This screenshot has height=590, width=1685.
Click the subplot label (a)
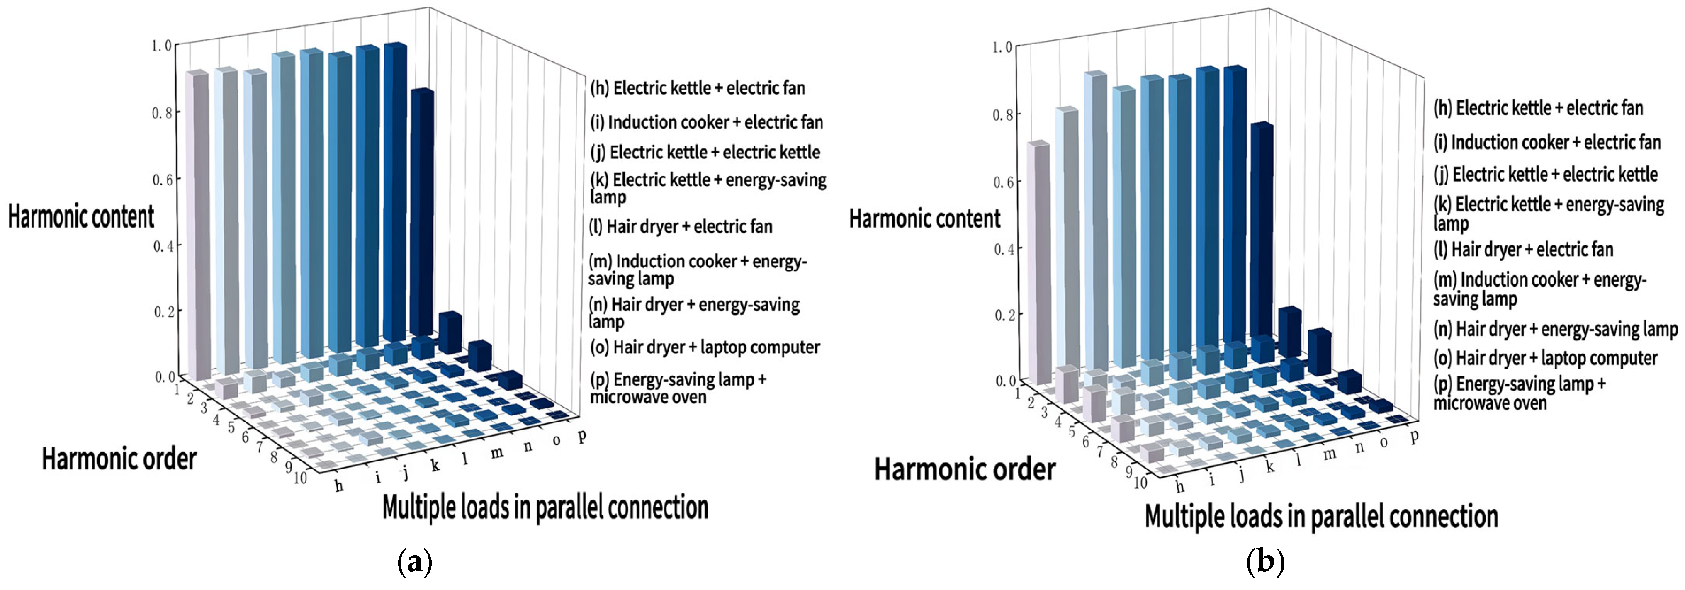click(x=415, y=563)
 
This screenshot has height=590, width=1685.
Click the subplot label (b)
click(x=1266, y=563)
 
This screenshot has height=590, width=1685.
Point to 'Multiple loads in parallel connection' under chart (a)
click(x=545, y=507)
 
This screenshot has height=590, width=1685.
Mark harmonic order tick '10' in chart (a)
click(x=300, y=478)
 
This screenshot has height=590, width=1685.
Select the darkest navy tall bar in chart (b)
click(x=1261, y=236)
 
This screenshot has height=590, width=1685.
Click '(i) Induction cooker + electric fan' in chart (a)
click(x=706, y=122)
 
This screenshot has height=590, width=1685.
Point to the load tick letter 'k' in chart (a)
click(x=435, y=466)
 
